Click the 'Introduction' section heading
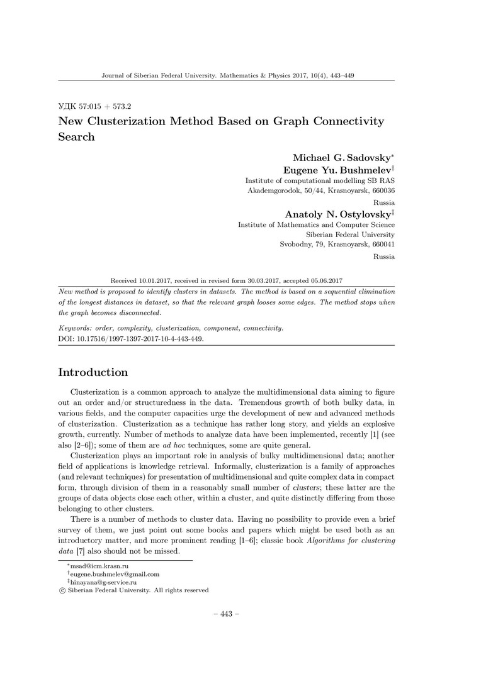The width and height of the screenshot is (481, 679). pos(93,372)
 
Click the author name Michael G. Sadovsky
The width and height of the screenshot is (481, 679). pos(341,157)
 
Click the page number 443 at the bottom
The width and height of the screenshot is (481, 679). pos(227,614)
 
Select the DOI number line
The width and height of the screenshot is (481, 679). pos(131,338)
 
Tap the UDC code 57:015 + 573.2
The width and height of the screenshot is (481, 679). pos(99,107)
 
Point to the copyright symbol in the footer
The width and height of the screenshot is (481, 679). pos(62,590)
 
